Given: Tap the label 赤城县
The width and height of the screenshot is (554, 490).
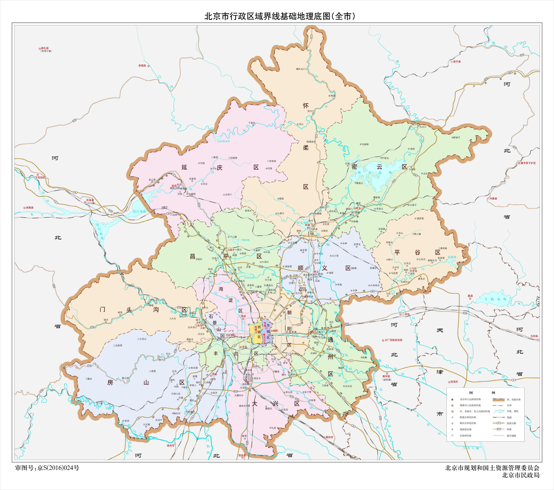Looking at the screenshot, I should tap(142, 66).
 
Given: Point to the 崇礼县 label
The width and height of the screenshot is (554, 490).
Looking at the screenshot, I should tap(45, 48).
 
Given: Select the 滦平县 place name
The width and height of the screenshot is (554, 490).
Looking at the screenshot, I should tap(457, 61).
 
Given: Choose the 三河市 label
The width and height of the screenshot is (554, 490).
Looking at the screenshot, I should tap(405, 314).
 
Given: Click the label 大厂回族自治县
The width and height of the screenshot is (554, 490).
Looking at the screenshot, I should tap(394, 340).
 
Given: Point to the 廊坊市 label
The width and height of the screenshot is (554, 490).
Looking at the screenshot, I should tap(329, 437).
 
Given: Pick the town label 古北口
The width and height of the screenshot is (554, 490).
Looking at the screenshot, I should tap(423, 127).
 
